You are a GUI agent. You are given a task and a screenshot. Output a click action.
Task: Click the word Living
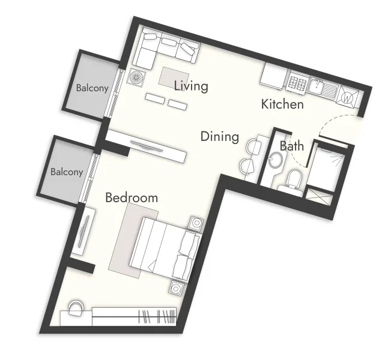click(191, 86)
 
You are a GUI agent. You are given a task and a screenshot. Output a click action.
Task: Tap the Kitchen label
click(282, 104)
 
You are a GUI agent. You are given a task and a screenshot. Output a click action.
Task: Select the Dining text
click(219, 137)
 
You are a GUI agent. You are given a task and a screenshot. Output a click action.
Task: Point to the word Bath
click(291, 146)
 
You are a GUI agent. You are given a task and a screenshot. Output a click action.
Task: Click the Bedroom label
click(132, 197)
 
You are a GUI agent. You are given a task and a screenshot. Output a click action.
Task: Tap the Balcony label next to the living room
click(92, 88)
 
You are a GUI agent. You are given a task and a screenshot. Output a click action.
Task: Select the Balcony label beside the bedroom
click(67, 172)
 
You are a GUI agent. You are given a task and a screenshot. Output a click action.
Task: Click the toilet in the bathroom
click(294, 179)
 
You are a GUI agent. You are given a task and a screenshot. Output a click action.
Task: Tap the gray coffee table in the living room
click(174, 76)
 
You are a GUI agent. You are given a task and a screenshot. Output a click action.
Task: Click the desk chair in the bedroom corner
click(76, 307)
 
